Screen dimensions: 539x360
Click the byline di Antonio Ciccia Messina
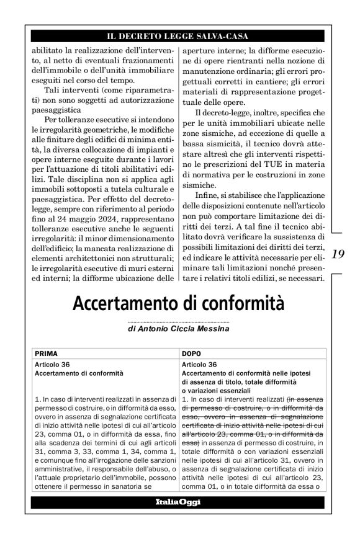pos(179,329)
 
